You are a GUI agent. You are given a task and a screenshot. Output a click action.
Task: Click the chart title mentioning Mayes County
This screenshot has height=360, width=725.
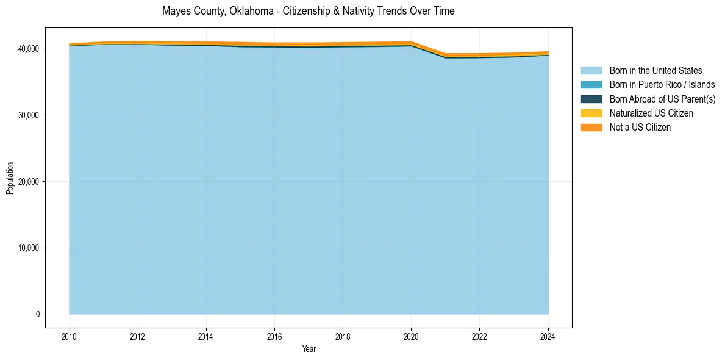[x=308, y=11]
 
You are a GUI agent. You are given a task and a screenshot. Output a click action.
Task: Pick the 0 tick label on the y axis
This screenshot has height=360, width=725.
[x=37, y=314]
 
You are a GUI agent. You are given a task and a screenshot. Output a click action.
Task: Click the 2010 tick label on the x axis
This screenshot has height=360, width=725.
[x=70, y=336]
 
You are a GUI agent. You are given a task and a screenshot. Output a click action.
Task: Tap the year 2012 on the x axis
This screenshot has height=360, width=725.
[x=138, y=336]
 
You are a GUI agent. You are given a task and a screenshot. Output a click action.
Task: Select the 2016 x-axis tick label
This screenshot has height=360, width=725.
[x=274, y=336]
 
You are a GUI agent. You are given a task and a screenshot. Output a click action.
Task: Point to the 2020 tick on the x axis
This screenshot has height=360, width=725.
[x=411, y=336]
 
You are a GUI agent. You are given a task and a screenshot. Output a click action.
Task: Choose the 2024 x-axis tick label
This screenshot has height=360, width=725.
[x=548, y=336]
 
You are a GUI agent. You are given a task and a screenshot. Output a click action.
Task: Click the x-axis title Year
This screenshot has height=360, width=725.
[x=309, y=349]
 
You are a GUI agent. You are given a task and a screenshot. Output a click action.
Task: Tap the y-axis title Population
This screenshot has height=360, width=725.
[x=10, y=178]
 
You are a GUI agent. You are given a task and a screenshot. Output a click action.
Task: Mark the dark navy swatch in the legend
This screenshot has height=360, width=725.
[x=591, y=99]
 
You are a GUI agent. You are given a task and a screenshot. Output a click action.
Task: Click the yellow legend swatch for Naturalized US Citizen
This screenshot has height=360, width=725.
[x=591, y=113]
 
